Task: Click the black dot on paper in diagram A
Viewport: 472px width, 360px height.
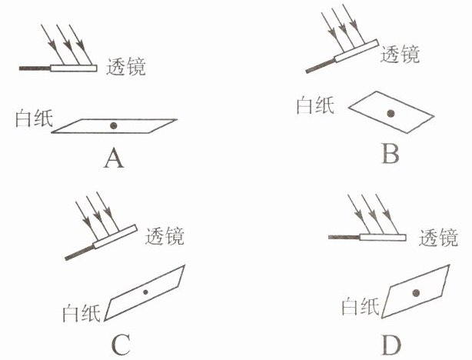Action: [114, 125]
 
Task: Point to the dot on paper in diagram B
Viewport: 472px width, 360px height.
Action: [391, 114]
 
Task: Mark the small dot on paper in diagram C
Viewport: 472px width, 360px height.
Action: [145, 292]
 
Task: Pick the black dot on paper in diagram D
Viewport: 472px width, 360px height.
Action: [415, 292]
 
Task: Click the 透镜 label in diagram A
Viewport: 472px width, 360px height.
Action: [125, 67]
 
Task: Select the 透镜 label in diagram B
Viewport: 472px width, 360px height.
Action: [400, 54]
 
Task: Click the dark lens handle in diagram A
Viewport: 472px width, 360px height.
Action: [35, 68]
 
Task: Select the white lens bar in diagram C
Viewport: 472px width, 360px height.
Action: [114, 238]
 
